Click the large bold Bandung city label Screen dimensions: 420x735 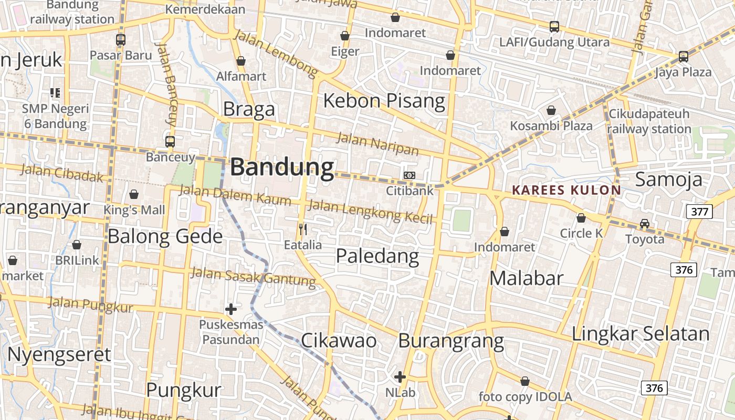(282, 167)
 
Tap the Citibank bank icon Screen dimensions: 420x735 (409, 175)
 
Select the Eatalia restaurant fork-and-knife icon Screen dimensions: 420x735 (303, 229)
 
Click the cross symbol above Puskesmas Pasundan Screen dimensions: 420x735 (230, 309)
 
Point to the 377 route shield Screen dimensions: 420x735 (699, 212)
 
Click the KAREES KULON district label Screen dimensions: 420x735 (566, 190)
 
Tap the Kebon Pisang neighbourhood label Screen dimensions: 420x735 (384, 100)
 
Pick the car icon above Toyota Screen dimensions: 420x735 (644, 224)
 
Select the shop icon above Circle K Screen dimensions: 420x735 (581, 218)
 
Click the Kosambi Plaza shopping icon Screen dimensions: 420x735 (551, 110)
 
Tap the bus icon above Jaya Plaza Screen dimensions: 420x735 (683, 56)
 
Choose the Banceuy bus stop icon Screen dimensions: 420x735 (170, 141)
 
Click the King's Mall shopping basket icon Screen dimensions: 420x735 (134, 194)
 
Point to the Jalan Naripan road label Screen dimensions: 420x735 (377, 144)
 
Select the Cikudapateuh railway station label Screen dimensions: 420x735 (649, 121)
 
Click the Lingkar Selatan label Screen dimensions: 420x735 (640, 333)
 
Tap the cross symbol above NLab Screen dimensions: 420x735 (400, 376)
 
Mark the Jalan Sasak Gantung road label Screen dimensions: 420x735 (253, 277)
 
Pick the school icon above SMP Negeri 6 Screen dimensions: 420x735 (55, 93)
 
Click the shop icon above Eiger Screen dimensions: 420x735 (345, 36)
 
